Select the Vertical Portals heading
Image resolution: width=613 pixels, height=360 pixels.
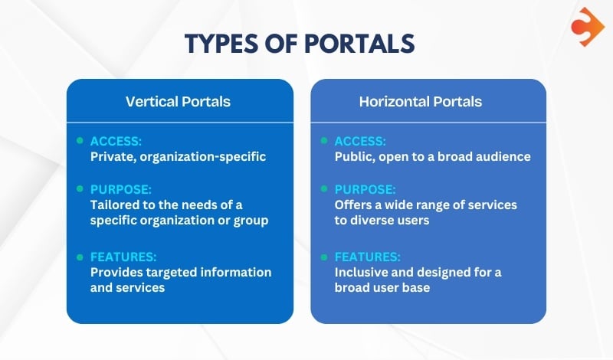(x=178, y=101)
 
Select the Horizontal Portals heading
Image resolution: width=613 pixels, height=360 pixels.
(x=420, y=101)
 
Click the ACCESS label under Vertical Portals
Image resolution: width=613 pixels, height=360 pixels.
(x=116, y=142)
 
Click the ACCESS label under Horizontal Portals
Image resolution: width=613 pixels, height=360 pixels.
(x=360, y=142)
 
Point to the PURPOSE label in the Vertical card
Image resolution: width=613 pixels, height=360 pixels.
(x=120, y=188)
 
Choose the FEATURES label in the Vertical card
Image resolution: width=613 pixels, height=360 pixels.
(x=123, y=257)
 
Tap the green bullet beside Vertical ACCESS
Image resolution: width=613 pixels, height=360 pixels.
(x=80, y=141)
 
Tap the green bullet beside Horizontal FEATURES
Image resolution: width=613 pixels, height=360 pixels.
(x=324, y=256)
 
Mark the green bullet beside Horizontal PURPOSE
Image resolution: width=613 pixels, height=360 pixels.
(x=324, y=188)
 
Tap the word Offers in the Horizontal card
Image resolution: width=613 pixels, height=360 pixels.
(x=352, y=205)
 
